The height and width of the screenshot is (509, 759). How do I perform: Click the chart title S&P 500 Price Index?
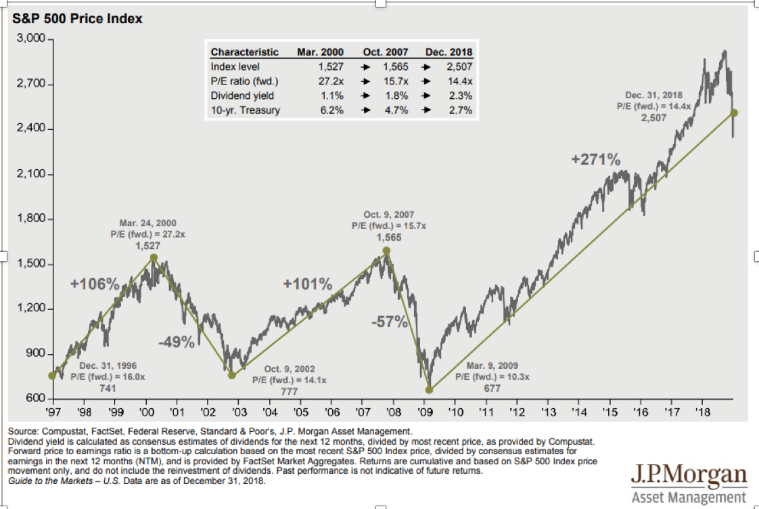78,19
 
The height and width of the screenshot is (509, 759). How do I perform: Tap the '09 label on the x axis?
425,410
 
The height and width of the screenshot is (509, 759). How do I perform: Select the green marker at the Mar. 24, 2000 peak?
154,258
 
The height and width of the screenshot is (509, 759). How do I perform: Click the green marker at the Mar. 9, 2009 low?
429,389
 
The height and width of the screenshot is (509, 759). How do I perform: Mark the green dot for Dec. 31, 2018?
734,113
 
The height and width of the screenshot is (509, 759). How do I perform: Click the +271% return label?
595,160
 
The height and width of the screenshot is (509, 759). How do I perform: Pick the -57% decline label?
390,322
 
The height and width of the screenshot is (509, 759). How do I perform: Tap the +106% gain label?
95,284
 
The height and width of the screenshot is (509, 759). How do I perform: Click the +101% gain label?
308,284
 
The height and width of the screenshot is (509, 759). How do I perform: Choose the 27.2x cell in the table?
330,81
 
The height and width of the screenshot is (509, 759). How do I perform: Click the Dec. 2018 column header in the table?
448,52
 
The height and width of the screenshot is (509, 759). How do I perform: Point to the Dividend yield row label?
241,95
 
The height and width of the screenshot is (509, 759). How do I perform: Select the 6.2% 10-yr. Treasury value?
332,110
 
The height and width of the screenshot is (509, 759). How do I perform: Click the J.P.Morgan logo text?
689,474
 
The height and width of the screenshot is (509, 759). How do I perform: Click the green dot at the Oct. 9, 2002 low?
232,375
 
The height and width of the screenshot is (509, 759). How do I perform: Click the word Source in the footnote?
22,430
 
